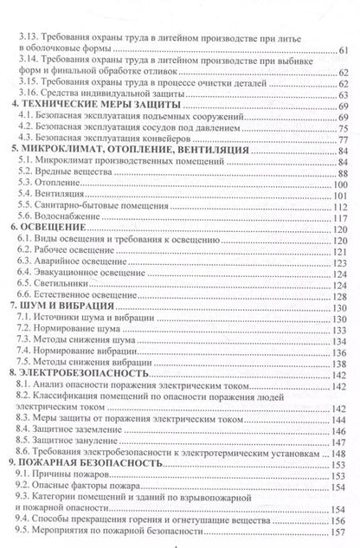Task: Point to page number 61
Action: [x=343, y=49]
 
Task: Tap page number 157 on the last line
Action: [x=340, y=531]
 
